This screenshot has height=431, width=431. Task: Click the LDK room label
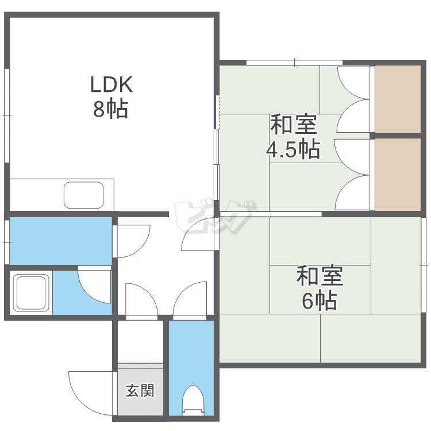coord(111,85)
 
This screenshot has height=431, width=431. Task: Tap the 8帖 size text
coord(111,109)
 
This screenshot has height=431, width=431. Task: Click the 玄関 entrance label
coord(140,391)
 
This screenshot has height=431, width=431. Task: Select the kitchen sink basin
coord(84,195)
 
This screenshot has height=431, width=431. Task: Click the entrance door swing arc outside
coord(86,391)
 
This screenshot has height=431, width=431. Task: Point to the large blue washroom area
coord(60,240)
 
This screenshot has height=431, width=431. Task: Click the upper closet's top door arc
coord(352,83)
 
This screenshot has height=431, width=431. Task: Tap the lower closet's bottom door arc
coord(352,193)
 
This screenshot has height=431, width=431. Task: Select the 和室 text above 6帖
coord(320,277)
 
